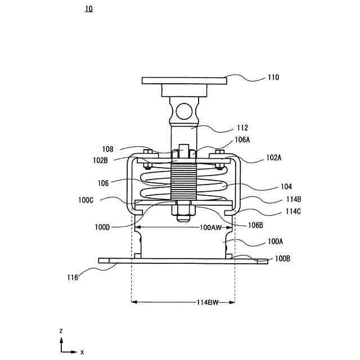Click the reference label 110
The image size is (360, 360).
pyautogui.click(x=273, y=78)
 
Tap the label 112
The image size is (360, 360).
pyautogui.click(x=242, y=128)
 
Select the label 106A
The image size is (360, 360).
pyautogui.click(x=242, y=139)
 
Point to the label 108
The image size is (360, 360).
pyautogui.click(x=107, y=150)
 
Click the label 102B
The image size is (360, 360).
pyautogui.click(x=100, y=160)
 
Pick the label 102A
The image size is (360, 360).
pyautogui.click(x=274, y=157)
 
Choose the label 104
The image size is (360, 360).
pyautogui.click(x=286, y=187)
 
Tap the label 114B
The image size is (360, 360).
pyautogui.click(x=294, y=199)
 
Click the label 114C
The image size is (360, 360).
pyautogui.click(x=293, y=211)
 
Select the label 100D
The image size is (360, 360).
pyautogui.click(x=102, y=227)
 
